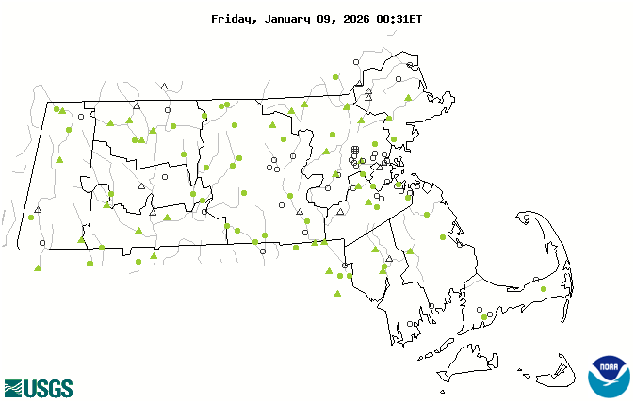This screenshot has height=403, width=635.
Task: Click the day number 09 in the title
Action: [329, 19]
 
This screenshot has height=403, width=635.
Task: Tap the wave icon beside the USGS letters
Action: [13, 388]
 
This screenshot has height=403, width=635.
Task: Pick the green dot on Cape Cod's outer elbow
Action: [543, 289]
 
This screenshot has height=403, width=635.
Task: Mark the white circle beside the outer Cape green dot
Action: [536, 280]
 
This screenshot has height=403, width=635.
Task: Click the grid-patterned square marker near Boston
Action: [355, 150]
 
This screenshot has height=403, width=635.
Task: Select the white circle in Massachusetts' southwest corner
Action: [41, 243]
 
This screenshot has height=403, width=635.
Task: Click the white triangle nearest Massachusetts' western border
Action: [38, 210]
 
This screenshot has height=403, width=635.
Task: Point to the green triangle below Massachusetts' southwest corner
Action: [38, 268]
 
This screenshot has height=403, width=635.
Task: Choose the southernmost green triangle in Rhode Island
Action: [337, 294]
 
